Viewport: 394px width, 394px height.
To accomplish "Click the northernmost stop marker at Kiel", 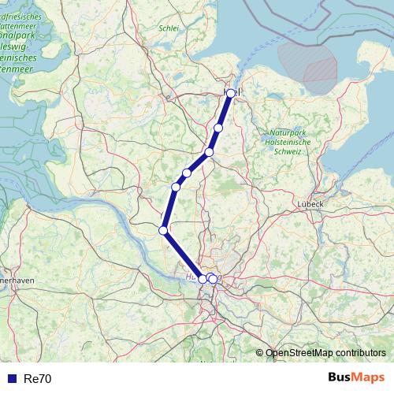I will point(230,93).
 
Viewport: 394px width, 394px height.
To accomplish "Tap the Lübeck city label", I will point(311,203).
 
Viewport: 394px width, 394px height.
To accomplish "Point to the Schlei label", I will point(169,28).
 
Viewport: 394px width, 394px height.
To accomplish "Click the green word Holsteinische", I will point(289,142).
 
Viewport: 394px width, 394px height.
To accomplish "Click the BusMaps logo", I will point(357,377).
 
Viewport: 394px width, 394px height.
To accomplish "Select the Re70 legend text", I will point(38,379).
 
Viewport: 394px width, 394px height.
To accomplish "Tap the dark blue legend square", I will point(11,379).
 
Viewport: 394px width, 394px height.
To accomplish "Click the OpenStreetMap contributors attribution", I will point(325,353).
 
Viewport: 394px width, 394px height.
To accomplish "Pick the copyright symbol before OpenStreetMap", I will point(259,353).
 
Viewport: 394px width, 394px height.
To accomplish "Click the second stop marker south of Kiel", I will point(209,152).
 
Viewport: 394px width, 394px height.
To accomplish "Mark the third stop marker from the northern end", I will point(209,152).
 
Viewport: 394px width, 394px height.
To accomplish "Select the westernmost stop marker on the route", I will point(163,230).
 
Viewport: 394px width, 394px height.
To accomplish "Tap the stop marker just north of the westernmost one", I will point(176,187).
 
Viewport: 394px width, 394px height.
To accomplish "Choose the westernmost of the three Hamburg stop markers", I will point(203,279).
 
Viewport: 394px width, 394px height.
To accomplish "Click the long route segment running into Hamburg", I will point(183,255).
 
